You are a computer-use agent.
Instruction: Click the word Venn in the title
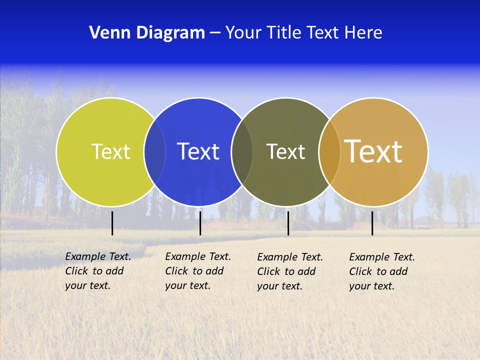pyautogui.click(x=106, y=33)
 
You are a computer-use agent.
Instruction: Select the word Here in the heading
pyautogui.click(x=363, y=33)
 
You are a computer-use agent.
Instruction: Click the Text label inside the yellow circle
pyautogui.click(x=110, y=151)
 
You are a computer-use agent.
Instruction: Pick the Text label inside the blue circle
pyautogui.click(x=198, y=151)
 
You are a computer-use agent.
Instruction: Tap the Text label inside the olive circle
pyautogui.click(x=285, y=151)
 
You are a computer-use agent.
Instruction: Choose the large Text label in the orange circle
pyautogui.click(x=373, y=151)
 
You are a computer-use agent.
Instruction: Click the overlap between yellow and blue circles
pyautogui.click(x=154, y=151)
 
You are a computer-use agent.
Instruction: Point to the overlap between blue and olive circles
pyautogui.click(x=242, y=151)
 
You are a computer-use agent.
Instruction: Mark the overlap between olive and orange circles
pyautogui.click(x=329, y=151)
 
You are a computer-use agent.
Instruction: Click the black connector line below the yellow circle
pyautogui.click(x=112, y=223)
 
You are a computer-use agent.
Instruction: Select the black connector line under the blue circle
pyautogui.click(x=200, y=223)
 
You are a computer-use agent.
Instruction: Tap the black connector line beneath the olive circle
pyautogui.click(x=288, y=223)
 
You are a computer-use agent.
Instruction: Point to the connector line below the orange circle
pyautogui.click(x=372, y=223)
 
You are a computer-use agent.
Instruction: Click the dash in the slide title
pyautogui.click(x=215, y=33)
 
